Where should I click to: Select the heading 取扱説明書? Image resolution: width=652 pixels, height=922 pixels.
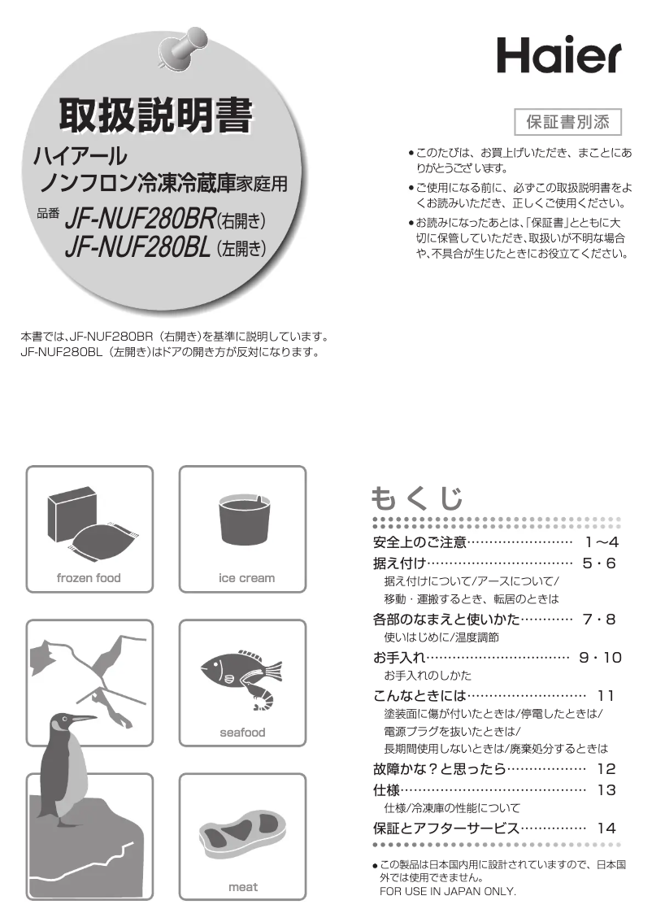pyautogui.click(x=154, y=119)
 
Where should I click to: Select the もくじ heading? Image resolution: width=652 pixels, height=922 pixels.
pyautogui.click(x=417, y=498)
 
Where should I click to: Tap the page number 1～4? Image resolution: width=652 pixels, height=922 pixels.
pyautogui.click(x=602, y=542)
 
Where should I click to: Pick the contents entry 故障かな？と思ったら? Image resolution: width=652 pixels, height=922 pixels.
pyautogui.click(x=439, y=768)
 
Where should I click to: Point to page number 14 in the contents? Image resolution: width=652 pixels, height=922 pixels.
pyautogui.click(x=606, y=828)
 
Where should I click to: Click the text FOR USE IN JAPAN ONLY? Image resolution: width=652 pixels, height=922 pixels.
pyautogui.click(x=448, y=891)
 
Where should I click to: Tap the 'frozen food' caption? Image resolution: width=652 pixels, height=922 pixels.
pyautogui.click(x=89, y=578)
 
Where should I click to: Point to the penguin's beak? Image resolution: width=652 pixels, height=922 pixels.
pyautogui.click(x=84, y=719)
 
